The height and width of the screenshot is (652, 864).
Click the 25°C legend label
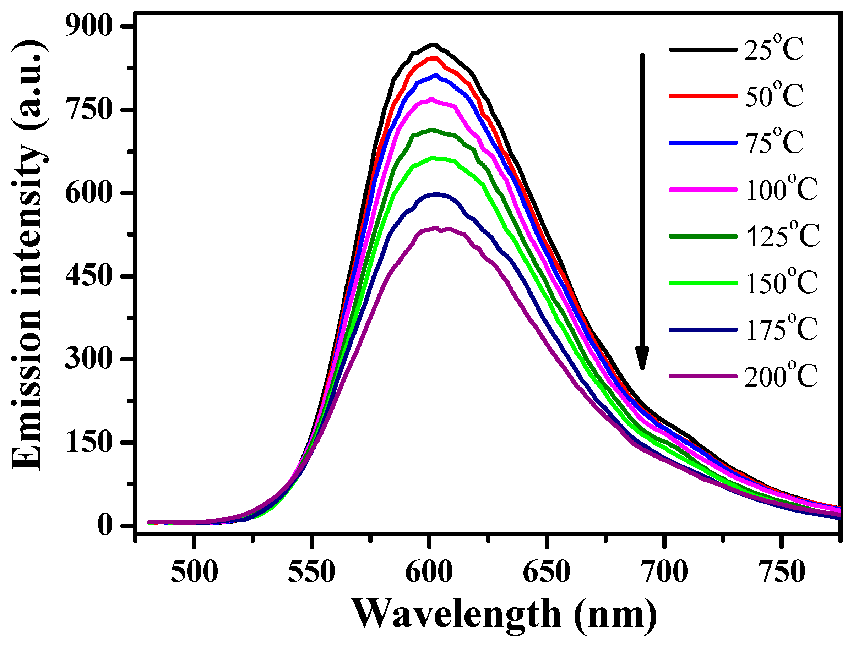point(774,50)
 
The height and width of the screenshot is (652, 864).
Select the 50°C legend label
point(774,96)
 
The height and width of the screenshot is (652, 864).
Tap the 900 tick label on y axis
point(89,27)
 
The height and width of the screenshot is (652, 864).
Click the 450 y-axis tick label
point(89,276)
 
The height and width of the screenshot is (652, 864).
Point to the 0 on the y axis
point(105,526)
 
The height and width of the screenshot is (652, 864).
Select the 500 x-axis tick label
point(194,572)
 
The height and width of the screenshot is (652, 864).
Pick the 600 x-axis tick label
point(429,572)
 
